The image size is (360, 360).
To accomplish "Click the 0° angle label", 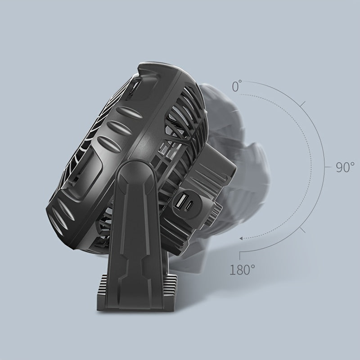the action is [237, 86].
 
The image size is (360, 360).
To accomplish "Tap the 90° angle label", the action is [345, 167].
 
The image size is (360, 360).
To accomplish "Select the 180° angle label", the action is [242, 270].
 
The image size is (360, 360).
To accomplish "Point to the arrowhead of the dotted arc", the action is [241, 238].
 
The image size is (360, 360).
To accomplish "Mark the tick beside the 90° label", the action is [328, 167].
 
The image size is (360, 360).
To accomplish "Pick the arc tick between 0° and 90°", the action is [302, 104].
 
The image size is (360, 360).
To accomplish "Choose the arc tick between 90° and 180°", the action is [303, 230].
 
